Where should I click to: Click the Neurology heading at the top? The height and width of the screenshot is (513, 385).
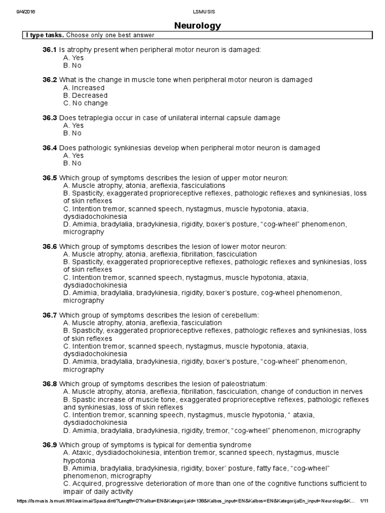pyautogui.click(x=197, y=25)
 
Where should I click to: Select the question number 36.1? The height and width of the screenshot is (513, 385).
pyautogui.click(x=50, y=50)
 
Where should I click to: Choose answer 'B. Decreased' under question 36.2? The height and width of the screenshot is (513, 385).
pyautogui.click(x=85, y=95)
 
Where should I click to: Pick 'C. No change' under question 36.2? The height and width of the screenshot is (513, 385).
pyautogui.click(x=85, y=103)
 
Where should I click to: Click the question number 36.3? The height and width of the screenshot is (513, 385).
pyautogui.click(x=50, y=118)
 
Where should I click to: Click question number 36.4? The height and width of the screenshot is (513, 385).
pyautogui.click(x=50, y=148)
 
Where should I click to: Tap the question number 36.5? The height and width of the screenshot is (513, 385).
pyautogui.click(x=50, y=178)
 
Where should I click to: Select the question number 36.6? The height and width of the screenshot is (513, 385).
pyautogui.click(x=50, y=246)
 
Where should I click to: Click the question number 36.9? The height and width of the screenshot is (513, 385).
pyautogui.click(x=50, y=445)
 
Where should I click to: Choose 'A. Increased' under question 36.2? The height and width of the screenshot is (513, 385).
pyautogui.click(x=84, y=88)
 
